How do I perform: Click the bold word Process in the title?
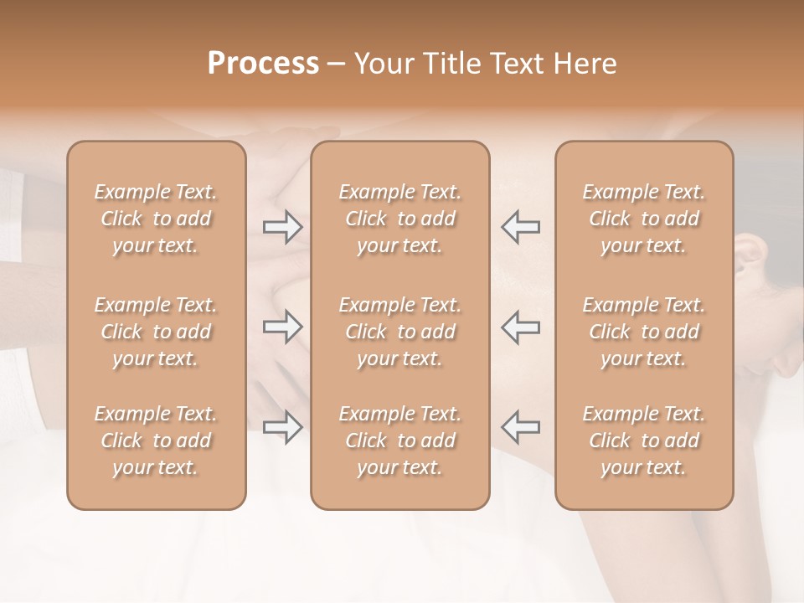(263, 64)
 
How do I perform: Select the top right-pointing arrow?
(282, 227)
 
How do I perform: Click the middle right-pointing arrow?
(282, 327)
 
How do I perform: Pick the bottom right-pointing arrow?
(282, 427)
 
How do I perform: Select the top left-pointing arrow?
(520, 227)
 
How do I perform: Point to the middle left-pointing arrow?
(520, 327)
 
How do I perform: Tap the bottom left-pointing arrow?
(520, 427)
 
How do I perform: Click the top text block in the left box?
(156, 219)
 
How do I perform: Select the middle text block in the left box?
(156, 332)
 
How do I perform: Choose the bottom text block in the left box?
(156, 441)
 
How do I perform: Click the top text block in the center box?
(399, 219)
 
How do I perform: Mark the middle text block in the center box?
(399, 332)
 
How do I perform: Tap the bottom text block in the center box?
(399, 441)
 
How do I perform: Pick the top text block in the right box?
(643, 219)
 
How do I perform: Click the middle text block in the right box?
(643, 332)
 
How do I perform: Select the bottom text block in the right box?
(643, 441)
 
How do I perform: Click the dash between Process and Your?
(337, 65)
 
